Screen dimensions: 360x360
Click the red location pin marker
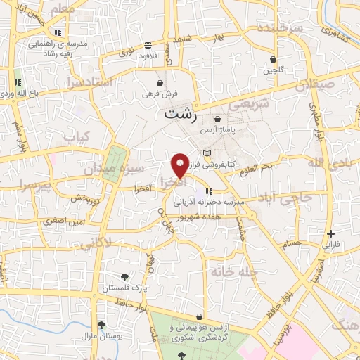point(180,165)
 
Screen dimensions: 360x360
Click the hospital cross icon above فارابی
point(330,234)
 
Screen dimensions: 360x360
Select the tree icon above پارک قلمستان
point(124,276)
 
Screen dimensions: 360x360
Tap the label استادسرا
point(89,82)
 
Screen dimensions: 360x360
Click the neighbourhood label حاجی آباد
point(284,199)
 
